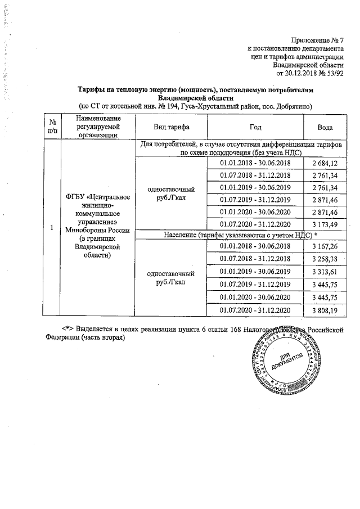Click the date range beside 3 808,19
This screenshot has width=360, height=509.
coord(255,310)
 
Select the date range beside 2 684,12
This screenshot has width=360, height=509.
coord(255,163)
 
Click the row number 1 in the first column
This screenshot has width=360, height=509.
coord(52,228)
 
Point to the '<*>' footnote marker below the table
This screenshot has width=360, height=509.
coord(67,328)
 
